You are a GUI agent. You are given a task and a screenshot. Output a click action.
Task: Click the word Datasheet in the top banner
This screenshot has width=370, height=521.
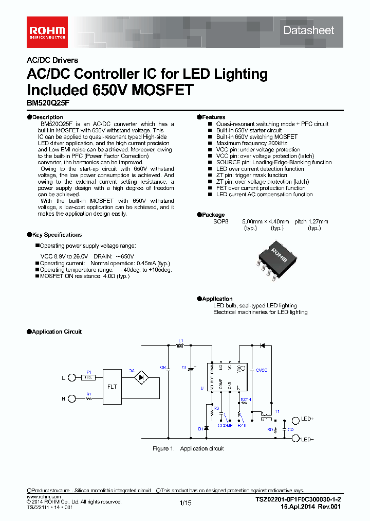[308, 30]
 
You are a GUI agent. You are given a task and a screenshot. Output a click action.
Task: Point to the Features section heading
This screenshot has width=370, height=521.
[213, 117]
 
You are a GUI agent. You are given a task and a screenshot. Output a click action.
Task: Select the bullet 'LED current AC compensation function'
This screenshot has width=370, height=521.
[264, 195]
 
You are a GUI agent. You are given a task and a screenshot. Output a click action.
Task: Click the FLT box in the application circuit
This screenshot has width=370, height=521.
[112, 386]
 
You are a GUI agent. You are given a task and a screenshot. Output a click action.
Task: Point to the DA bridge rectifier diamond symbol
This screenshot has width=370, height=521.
[142, 377]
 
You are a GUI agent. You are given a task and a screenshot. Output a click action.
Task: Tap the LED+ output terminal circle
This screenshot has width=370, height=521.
[295, 420]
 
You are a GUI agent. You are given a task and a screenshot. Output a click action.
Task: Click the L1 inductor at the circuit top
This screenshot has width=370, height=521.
[180, 346]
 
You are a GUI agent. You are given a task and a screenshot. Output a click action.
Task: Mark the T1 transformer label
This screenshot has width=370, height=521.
[277, 411]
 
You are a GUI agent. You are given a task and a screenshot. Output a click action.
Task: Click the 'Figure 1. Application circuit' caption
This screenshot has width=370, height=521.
[188, 449]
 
